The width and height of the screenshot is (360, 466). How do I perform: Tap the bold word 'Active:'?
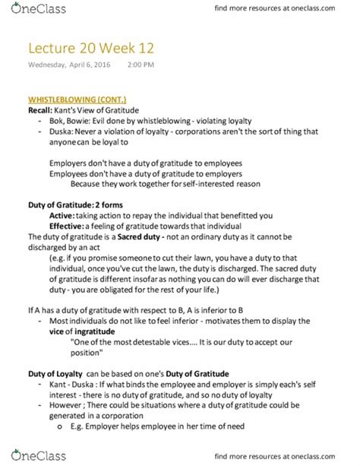click(62, 217)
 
